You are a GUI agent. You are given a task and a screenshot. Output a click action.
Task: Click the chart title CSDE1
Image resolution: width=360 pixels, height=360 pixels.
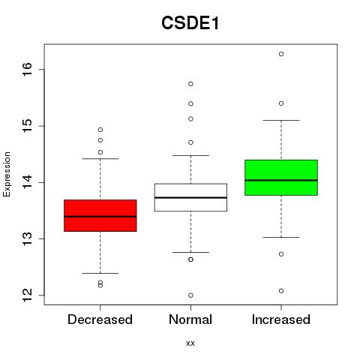[x=190, y=23]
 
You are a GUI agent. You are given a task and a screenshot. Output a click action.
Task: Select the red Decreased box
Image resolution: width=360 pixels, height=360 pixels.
[x=100, y=215]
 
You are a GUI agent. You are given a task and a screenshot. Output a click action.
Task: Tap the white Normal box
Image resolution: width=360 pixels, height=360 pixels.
[x=190, y=197]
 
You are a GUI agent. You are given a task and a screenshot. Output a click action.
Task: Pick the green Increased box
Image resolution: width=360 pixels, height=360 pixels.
[x=281, y=178]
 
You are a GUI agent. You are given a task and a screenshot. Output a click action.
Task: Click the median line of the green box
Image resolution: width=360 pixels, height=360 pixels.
[x=281, y=180]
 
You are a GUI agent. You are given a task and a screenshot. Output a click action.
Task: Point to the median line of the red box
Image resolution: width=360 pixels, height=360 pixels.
[x=100, y=217]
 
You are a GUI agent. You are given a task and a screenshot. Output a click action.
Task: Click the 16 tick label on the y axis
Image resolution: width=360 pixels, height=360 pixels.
[x=27, y=69]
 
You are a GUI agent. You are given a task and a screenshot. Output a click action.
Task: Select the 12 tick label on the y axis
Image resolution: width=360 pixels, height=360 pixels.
[x=27, y=295]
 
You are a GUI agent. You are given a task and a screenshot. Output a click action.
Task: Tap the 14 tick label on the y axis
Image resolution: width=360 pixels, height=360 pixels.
[x=27, y=182]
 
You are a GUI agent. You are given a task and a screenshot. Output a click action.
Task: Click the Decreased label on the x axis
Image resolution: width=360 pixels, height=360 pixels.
[x=100, y=319]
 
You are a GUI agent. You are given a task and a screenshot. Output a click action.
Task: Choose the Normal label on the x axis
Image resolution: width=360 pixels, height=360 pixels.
[x=190, y=319]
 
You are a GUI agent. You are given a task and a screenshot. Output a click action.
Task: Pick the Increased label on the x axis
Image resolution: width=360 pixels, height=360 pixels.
[x=281, y=319]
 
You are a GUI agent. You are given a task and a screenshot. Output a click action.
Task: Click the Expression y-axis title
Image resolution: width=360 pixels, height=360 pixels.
[x=7, y=174]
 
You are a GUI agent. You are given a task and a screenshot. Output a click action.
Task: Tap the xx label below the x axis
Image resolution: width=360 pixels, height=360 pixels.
[x=190, y=343]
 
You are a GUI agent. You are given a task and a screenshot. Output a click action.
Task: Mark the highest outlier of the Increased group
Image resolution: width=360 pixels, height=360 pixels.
[x=281, y=54]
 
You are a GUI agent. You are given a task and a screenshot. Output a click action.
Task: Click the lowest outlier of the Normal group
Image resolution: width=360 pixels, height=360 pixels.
[x=190, y=295]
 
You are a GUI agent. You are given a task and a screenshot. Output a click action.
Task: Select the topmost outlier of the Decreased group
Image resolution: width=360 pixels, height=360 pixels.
[x=100, y=130]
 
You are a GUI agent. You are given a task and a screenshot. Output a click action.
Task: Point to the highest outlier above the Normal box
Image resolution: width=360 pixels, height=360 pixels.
[x=190, y=84]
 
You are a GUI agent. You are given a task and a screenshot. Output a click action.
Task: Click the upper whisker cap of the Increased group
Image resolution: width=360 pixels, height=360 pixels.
[x=281, y=120]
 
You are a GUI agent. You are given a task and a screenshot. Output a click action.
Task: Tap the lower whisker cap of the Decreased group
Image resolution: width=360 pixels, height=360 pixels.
[x=100, y=273]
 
